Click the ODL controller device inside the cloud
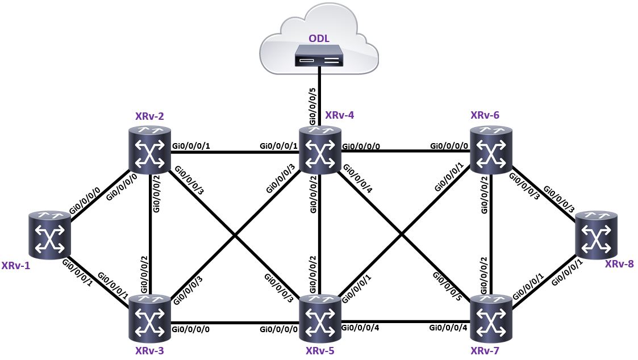click(319, 56)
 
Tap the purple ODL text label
click(318, 39)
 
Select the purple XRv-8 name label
click(619, 264)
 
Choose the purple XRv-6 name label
click(485, 115)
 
